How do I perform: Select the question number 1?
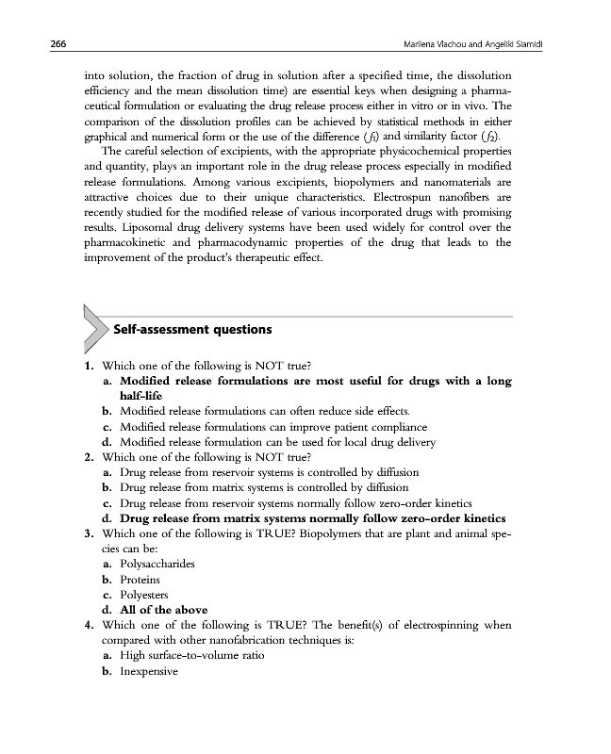[x=87, y=365]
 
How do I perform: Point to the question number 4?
[x=87, y=625]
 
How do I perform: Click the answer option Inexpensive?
[x=150, y=670]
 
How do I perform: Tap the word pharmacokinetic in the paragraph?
[x=129, y=242]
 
